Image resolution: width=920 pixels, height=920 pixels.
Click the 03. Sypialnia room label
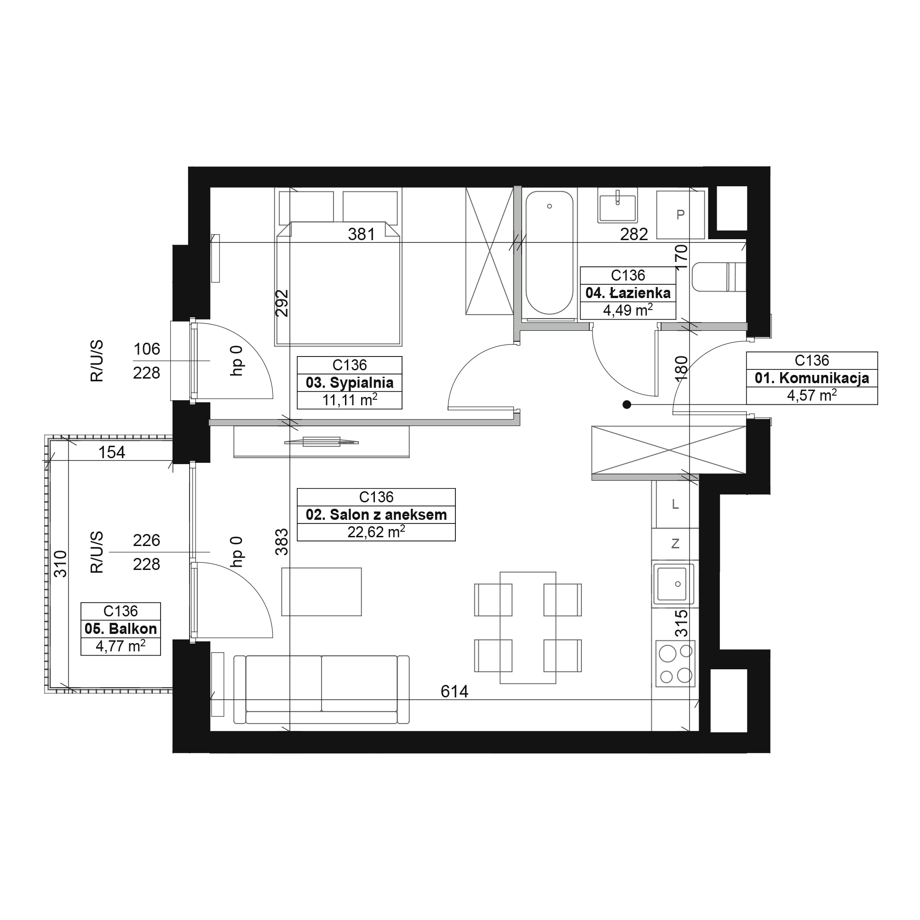point(350,383)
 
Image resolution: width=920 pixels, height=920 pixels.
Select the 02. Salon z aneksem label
point(376,515)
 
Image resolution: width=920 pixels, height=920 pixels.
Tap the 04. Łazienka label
point(627,293)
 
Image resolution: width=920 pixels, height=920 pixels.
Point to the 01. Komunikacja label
point(812,378)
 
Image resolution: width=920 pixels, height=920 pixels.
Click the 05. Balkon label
point(121,628)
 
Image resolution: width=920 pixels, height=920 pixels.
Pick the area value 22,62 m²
point(376,532)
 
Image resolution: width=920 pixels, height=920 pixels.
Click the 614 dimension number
point(454,691)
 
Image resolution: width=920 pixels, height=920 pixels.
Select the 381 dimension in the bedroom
point(362,234)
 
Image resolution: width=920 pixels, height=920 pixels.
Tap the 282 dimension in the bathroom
point(634,234)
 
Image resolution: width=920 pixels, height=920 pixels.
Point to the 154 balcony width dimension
point(112,452)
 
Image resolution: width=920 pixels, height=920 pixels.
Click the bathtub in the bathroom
point(550,253)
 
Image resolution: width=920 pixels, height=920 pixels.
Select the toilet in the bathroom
point(719,276)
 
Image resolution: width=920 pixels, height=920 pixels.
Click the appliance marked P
point(680,215)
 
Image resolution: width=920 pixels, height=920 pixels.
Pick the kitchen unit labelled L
point(675,504)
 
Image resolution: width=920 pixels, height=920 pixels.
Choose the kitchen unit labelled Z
point(675,544)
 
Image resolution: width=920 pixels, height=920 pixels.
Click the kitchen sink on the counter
point(673,583)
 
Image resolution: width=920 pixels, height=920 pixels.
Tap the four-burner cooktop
point(675,663)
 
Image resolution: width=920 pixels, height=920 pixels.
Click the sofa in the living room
point(322,690)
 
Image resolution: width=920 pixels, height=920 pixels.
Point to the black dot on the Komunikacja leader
point(627,405)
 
